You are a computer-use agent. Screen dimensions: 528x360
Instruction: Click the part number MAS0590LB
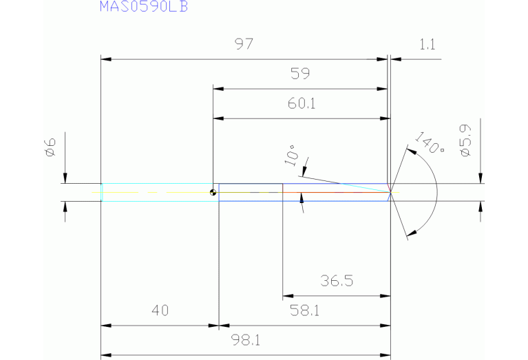point(144,7)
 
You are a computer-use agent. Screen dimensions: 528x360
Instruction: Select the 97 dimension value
point(244,45)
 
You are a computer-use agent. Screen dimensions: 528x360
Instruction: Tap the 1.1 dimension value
point(427,45)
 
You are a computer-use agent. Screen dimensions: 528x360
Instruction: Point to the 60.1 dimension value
point(301,104)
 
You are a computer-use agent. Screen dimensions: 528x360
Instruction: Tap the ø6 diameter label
point(50,147)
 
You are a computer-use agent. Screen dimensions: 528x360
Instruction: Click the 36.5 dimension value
point(337,281)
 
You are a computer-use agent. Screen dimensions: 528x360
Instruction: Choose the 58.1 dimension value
point(304,310)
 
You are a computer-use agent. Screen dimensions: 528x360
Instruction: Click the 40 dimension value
point(160,310)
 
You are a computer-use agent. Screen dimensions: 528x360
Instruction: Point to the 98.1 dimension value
point(246,340)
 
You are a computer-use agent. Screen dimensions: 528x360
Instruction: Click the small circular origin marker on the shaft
point(213,192)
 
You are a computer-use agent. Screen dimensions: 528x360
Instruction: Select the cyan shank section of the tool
point(157,192)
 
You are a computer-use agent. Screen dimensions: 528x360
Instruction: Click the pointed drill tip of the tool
point(392,192)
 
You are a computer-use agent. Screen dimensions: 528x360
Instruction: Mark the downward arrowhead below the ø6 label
point(65,178)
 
